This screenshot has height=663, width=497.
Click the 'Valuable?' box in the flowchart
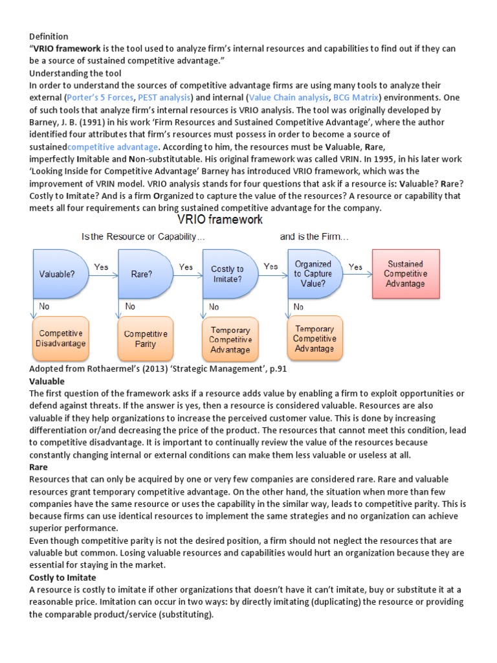coord(58,274)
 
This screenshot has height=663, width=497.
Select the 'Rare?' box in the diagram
coord(142,274)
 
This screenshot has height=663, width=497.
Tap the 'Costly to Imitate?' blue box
coord(228,274)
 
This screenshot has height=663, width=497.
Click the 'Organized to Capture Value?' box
coord(313,273)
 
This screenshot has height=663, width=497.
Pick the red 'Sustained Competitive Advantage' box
coord(405,273)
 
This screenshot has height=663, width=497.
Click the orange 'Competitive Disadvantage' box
coord(60,338)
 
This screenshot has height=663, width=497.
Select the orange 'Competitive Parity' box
coord(145,339)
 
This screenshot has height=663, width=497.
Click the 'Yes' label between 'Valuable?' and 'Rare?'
coord(101,267)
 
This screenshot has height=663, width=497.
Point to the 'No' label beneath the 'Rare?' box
coord(130,306)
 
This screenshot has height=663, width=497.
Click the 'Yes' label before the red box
coord(356,267)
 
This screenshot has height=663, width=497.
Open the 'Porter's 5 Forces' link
coord(99,97)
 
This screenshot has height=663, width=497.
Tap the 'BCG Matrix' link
coord(355,97)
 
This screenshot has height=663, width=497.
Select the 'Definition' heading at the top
coord(49,36)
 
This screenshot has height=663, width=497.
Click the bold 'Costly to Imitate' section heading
coord(63,577)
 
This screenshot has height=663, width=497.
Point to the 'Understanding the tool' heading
coord(75,73)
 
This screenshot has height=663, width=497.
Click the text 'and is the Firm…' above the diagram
coord(314,237)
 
